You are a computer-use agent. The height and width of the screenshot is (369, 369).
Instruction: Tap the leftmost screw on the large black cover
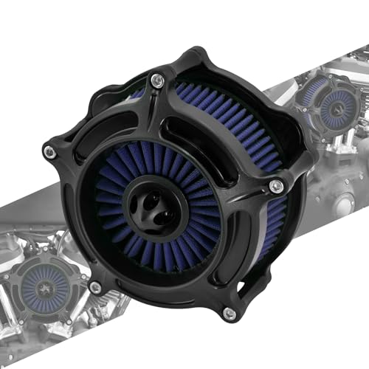coord(49,152)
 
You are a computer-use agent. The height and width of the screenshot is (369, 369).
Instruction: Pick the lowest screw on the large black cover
coord(229,313)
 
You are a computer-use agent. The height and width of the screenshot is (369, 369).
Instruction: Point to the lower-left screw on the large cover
coord(95,287)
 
